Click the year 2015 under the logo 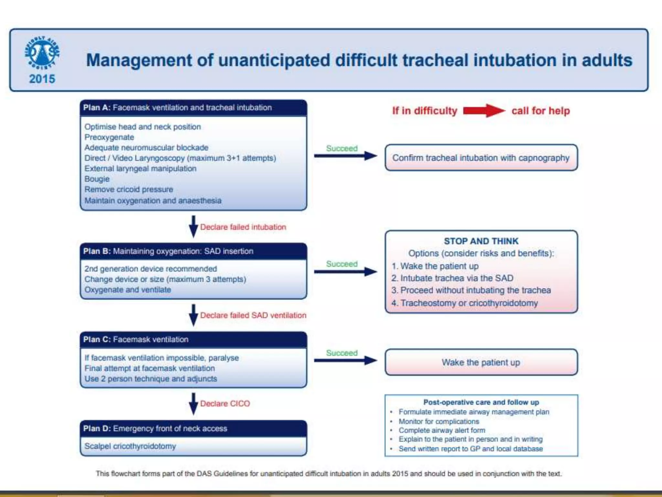click(x=42, y=79)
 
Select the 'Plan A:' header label click(x=97, y=108)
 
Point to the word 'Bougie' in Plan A click(x=97, y=179)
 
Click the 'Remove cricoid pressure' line click(x=129, y=190)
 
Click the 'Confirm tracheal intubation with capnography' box click(x=481, y=158)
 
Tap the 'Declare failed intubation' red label click(x=243, y=227)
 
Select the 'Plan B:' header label click(x=97, y=251)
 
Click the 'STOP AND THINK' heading click(x=481, y=241)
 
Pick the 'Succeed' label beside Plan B click(x=342, y=264)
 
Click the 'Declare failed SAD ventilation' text click(x=253, y=315)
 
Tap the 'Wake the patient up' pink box click(x=481, y=362)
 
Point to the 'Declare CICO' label click(x=225, y=404)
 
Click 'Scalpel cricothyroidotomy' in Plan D click(x=130, y=446)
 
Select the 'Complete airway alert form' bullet click(x=442, y=430)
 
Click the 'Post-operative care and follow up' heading click(x=481, y=402)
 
